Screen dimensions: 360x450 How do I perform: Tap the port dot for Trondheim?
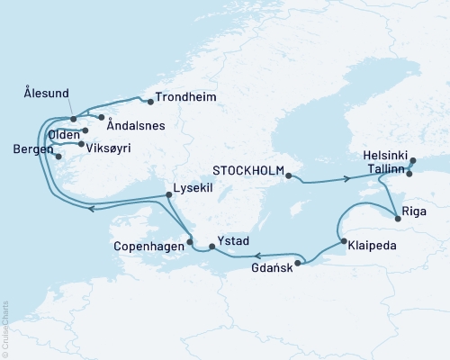(150, 101)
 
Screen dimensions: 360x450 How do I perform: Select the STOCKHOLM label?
(248, 168)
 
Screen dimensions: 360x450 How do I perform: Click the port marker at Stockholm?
(288, 176)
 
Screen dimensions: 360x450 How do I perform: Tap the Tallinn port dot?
(409, 174)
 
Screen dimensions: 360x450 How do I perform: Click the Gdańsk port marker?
(298, 263)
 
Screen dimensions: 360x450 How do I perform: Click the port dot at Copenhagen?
(189, 241)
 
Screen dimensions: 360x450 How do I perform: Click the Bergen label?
(32, 149)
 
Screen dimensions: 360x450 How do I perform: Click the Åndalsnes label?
(135, 126)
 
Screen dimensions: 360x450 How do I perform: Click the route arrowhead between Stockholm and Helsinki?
(346, 180)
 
